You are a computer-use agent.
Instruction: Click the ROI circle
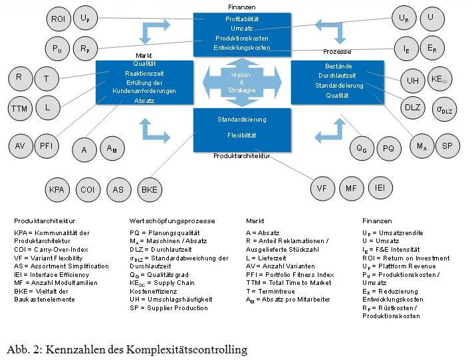[x=58, y=19]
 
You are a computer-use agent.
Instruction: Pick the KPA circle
[x=58, y=189]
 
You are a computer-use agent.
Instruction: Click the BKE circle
[x=149, y=189]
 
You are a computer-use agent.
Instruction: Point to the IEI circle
[x=380, y=188]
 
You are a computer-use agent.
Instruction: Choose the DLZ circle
[x=412, y=108]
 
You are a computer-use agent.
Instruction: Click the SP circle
[x=447, y=145]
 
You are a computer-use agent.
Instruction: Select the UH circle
[x=413, y=80]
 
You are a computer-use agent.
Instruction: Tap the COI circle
[x=88, y=189]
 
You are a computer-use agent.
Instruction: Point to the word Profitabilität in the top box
[x=241, y=20]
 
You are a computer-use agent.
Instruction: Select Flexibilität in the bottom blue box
[x=241, y=135]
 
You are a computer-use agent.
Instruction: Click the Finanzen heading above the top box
[x=241, y=6]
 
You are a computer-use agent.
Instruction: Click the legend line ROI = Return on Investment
[x=406, y=258]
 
